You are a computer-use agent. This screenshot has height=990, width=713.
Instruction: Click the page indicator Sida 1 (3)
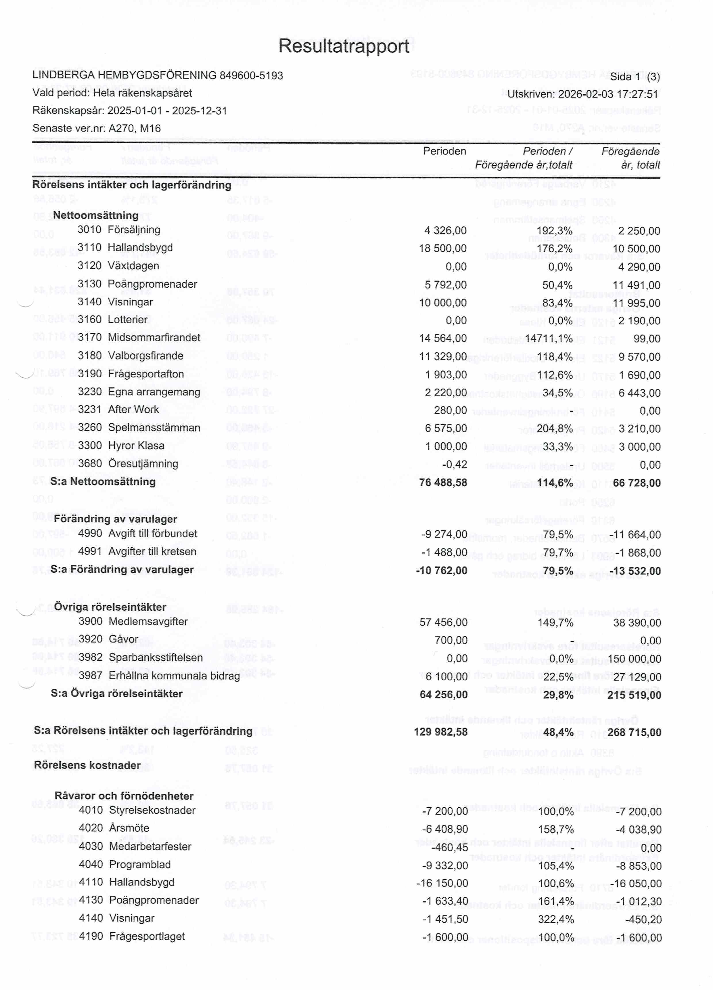[x=635, y=77]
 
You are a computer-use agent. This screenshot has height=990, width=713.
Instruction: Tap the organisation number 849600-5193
[x=251, y=76]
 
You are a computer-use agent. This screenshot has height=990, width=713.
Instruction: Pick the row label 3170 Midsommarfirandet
[x=139, y=337]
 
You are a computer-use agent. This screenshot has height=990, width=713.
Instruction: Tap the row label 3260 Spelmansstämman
[x=139, y=428]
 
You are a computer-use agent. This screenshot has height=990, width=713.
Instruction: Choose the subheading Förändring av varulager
[x=115, y=519]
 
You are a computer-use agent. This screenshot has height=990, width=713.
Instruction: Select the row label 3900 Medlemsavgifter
[x=133, y=622]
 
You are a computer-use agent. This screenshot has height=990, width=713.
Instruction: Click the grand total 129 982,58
[x=441, y=732]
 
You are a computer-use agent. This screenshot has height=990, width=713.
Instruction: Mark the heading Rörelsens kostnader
[x=87, y=765]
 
